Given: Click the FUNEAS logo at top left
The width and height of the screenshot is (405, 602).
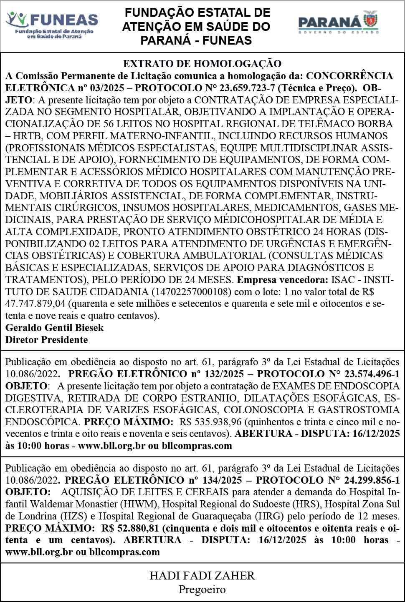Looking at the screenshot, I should [x=52, y=25].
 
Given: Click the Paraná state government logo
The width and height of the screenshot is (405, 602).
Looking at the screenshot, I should [x=338, y=23].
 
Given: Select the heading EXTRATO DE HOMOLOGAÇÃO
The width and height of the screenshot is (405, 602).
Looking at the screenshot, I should [x=202, y=64].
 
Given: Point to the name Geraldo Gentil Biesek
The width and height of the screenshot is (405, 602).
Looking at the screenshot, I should [x=54, y=328].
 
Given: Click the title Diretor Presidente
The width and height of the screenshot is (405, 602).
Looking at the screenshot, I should [x=46, y=340].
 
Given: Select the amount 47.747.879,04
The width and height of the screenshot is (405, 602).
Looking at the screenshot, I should [x=35, y=304].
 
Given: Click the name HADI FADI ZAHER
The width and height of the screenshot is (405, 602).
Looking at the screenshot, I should [x=202, y=576].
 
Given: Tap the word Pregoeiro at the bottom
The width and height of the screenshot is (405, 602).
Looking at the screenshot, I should [x=202, y=589].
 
